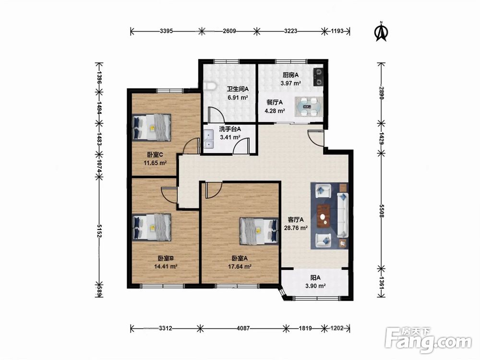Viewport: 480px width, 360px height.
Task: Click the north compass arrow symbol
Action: point(382,32)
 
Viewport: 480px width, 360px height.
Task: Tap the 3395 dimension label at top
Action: point(167,31)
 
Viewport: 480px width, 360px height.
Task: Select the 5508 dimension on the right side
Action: point(382,211)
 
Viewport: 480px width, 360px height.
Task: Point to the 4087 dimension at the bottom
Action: point(243,328)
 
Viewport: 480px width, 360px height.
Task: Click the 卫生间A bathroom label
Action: point(238,89)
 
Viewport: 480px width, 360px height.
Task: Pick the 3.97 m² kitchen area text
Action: point(290,83)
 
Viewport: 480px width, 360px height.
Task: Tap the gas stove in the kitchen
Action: point(318,77)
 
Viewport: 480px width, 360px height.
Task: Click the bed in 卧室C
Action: point(152,128)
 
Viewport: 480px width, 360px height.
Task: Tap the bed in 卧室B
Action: point(152,228)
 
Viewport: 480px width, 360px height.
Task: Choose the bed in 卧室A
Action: point(259,231)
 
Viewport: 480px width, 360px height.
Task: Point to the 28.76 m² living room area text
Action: point(296,228)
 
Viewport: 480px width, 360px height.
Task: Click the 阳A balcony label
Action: point(315,278)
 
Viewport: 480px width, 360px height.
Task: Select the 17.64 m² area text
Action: point(240,266)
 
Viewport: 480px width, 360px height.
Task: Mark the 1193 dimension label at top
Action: point(337,31)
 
